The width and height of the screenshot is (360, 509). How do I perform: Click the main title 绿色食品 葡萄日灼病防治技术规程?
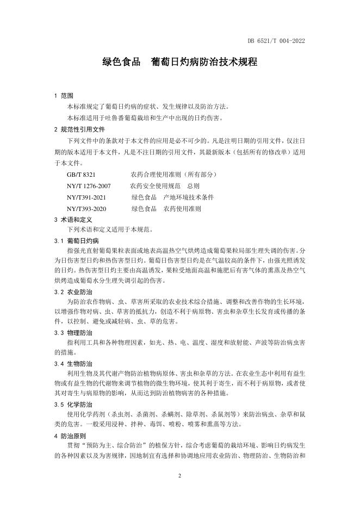(179, 62)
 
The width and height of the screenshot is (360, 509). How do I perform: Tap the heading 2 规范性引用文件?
(79, 129)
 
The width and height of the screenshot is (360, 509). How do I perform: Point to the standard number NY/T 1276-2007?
(89, 186)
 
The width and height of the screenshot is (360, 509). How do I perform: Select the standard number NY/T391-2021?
(86, 197)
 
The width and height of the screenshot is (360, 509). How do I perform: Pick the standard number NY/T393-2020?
(86, 209)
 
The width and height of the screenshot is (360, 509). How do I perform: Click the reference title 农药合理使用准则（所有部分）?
(173, 175)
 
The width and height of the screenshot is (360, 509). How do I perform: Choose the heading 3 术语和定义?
(73, 220)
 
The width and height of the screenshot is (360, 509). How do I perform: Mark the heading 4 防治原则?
(70, 436)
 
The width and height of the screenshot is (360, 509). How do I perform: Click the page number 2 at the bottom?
(179, 476)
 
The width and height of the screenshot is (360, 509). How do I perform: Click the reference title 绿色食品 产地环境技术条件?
(172, 197)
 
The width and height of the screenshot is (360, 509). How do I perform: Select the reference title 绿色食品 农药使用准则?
(166, 209)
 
